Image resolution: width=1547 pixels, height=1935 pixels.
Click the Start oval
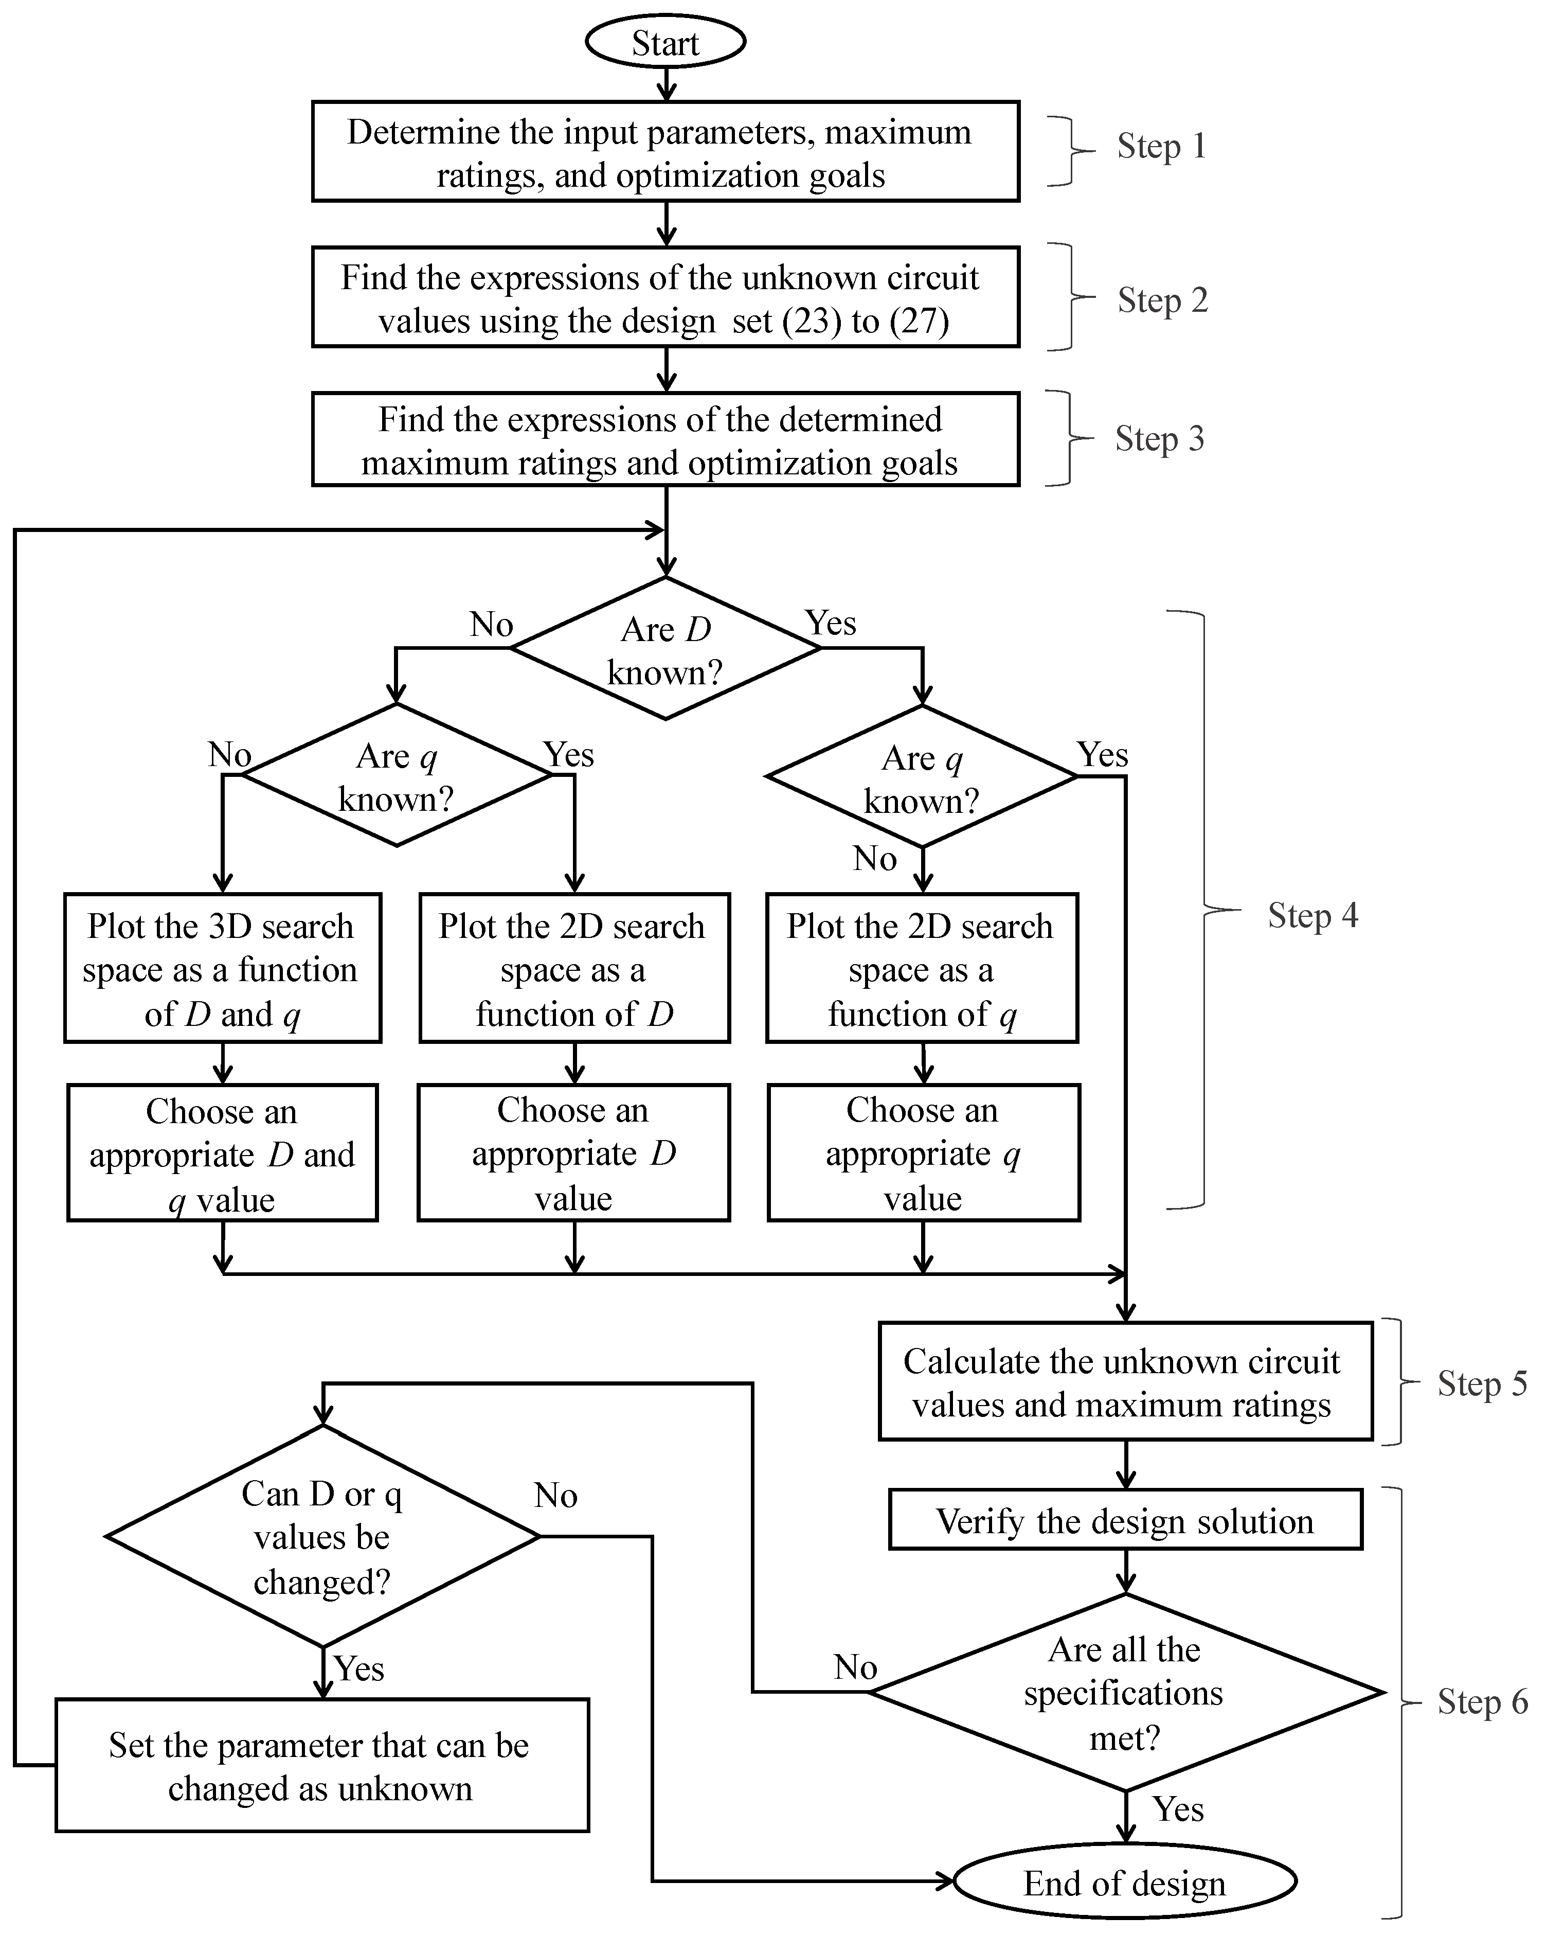click(x=665, y=42)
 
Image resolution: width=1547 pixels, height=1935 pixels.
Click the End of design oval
click(x=1124, y=1883)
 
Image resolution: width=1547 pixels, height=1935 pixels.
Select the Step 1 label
click(x=1161, y=146)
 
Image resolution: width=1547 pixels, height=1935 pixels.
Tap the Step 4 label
click(x=1312, y=915)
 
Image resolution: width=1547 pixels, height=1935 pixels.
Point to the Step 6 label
click(x=1482, y=1701)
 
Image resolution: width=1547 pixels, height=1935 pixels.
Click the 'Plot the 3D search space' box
click(x=223, y=968)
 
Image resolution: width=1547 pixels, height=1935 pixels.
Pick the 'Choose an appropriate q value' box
click(x=923, y=1153)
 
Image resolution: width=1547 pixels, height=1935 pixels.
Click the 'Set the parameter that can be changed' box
click(x=322, y=1766)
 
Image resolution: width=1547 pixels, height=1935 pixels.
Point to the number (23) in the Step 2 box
click(x=811, y=322)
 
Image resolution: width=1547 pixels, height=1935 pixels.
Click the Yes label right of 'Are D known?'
click(x=830, y=623)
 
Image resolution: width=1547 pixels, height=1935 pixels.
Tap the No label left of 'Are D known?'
click(x=491, y=625)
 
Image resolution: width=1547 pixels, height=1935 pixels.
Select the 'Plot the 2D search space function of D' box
click(x=574, y=968)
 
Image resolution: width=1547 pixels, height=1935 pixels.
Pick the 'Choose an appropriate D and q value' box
click(x=223, y=1153)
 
